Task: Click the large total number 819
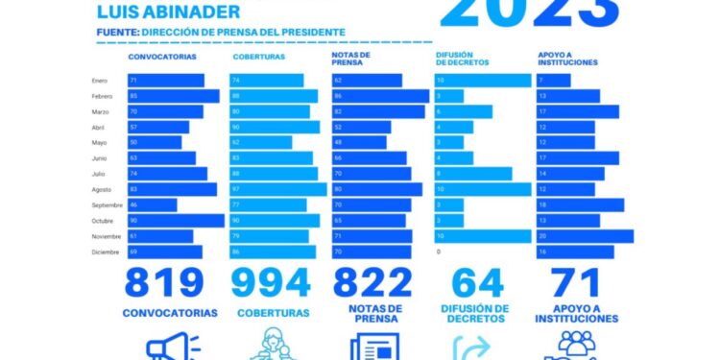click(x=164, y=283)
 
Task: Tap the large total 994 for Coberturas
click(x=272, y=283)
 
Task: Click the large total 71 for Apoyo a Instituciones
click(x=576, y=283)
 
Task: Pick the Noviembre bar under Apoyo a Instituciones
click(x=585, y=236)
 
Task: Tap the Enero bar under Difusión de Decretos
click(x=481, y=81)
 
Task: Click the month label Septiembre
click(x=107, y=205)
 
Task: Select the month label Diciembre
click(x=106, y=252)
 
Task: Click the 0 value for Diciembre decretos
click(x=439, y=252)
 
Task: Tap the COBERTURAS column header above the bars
click(x=256, y=59)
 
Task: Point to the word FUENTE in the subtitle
click(x=117, y=33)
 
